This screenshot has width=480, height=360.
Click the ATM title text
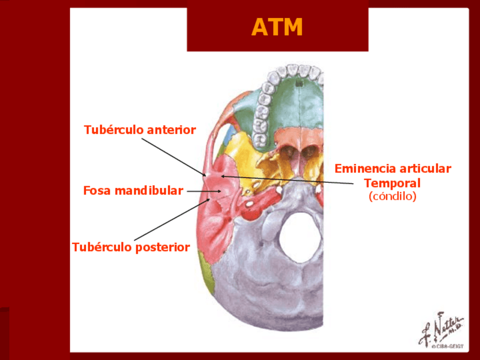[x=277, y=27]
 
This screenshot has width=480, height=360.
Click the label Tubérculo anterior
[x=140, y=130]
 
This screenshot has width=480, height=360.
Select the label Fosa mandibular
[x=133, y=191]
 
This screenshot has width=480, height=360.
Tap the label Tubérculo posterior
[x=131, y=247]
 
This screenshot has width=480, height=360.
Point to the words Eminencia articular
[x=392, y=169]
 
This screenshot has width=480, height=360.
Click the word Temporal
[x=392, y=183]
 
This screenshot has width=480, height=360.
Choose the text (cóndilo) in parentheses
[x=392, y=197]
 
